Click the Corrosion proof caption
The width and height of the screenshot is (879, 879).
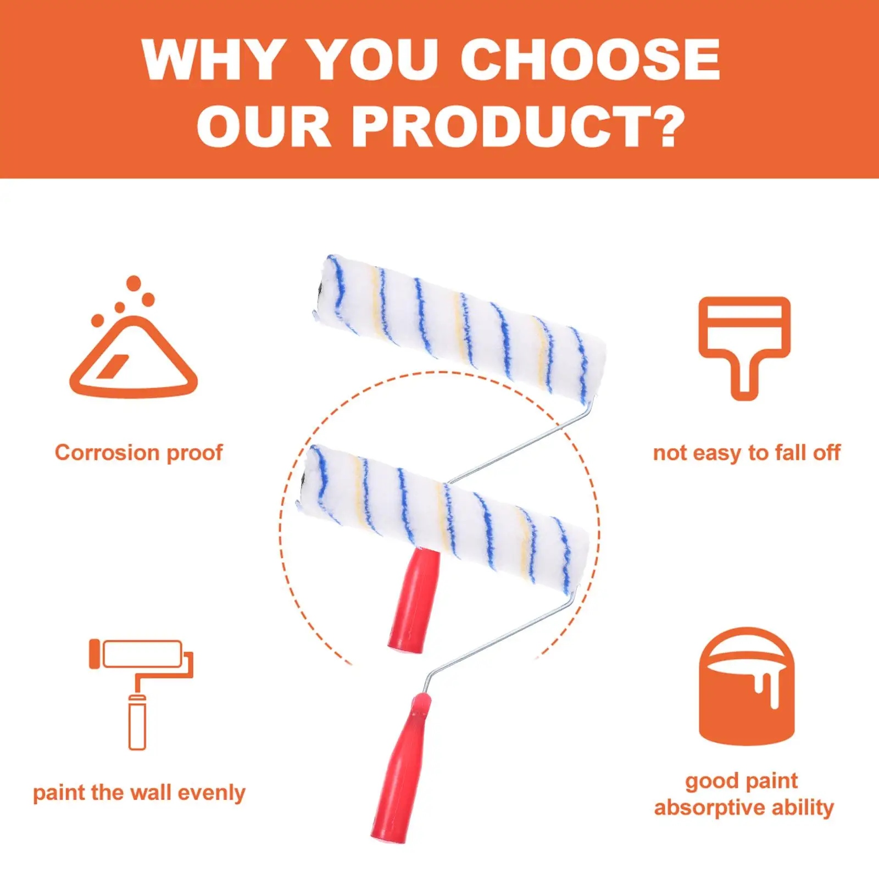tap(138, 453)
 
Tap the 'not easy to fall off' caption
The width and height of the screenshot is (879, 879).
tap(746, 453)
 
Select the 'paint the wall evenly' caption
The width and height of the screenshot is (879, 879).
tap(139, 793)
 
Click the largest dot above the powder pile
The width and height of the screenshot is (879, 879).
tap(133, 283)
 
